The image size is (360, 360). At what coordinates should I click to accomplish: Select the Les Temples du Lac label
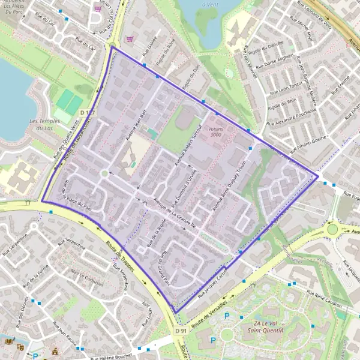tap(44, 124)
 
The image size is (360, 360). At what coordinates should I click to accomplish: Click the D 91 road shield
tap(182, 331)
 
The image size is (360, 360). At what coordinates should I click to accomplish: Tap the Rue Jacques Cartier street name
tap(213, 281)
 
